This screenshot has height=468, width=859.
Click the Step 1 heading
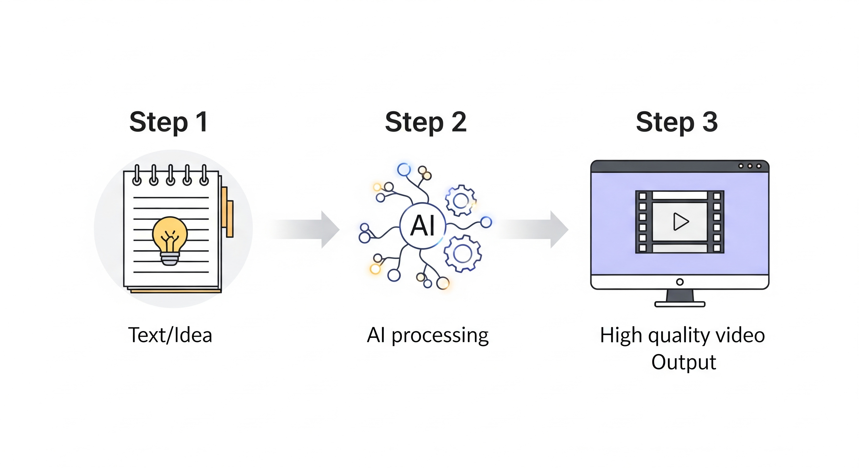tap(169, 122)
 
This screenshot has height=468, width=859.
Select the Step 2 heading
tap(426, 122)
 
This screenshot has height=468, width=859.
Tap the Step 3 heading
tap(677, 122)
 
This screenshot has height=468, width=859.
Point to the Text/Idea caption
tap(170, 335)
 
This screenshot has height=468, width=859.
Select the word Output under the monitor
tap(684, 362)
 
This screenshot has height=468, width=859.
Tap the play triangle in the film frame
tap(680, 222)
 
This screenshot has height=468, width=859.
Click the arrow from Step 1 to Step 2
tap(305, 229)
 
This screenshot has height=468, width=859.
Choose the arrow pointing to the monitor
tap(534, 229)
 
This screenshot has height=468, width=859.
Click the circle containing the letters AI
tap(423, 226)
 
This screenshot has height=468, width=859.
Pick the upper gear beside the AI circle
tap(461, 200)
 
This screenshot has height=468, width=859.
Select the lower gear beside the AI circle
tap(462, 253)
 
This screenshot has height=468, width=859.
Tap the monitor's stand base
tap(680, 304)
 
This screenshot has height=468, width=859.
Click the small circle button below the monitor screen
tap(680, 282)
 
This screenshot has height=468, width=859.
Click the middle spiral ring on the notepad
tap(171, 175)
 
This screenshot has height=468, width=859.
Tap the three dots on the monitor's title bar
tap(749, 166)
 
